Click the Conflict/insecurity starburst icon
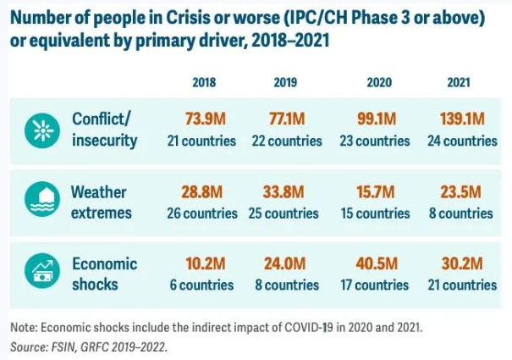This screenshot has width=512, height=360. [x=39, y=129]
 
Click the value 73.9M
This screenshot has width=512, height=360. [x=204, y=119]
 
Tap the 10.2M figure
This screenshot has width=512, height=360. [x=204, y=263]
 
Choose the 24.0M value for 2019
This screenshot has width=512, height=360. [x=286, y=263]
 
